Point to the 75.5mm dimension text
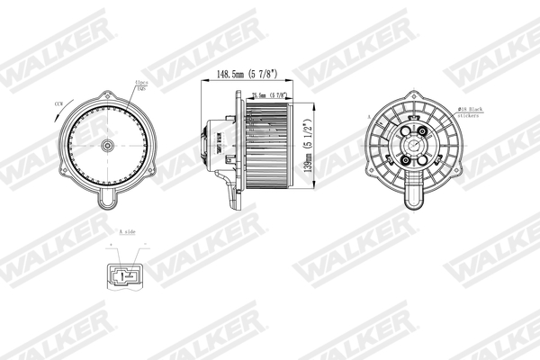click(269, 94)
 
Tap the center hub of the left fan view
click(107, 146)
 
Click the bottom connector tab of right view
click(416, 193)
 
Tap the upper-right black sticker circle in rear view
click(427, 132)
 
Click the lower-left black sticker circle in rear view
click(404, 161)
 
